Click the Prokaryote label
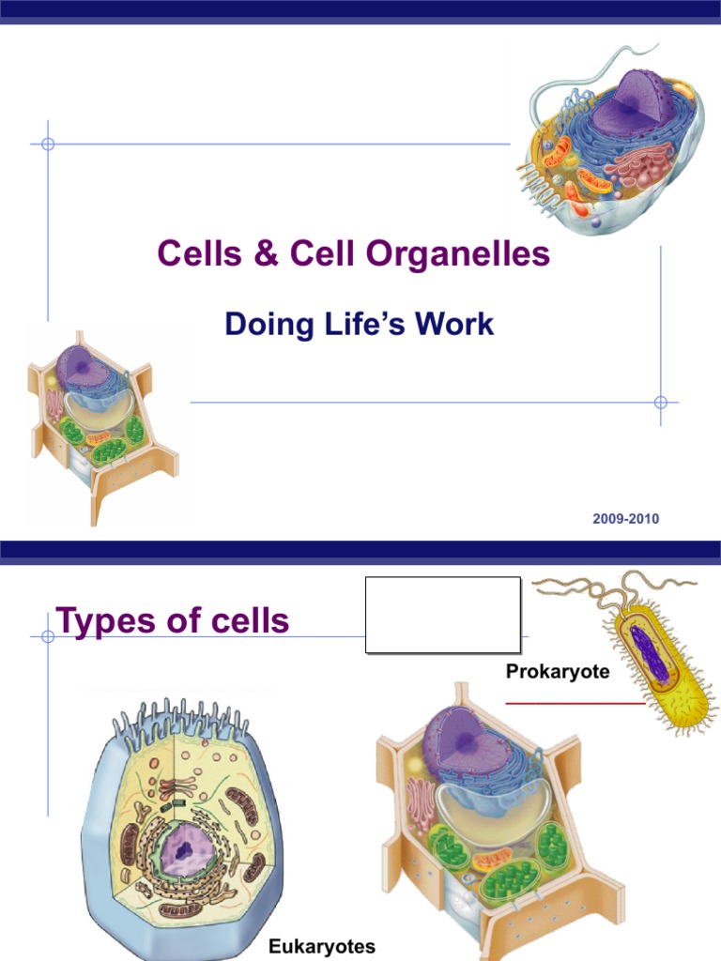tap(558, 672)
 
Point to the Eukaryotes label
tap(322, 946)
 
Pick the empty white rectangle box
tap(442, 615)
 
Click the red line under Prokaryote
tap(575, 702)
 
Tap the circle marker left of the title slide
tap(48, 145)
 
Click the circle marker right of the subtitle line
tap(660, 402)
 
